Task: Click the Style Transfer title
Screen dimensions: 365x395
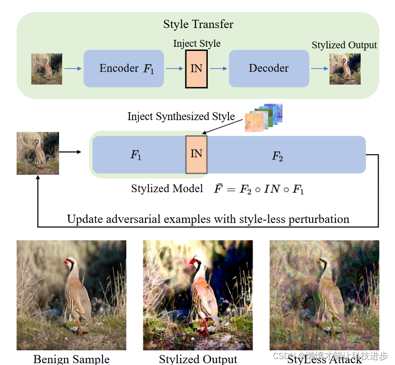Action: tap(198, 24)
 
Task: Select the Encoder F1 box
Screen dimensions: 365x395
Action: tap(124, 68)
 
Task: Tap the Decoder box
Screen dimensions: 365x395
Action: tap(268, 68)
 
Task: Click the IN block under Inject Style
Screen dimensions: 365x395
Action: tap(196, 69)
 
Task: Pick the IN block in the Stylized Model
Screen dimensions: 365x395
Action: tap(196, 154)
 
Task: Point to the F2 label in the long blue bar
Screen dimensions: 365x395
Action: tap(277, 156)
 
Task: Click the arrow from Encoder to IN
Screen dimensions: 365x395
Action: tap(174, 69)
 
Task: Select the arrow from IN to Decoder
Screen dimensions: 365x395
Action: tap(218, 69)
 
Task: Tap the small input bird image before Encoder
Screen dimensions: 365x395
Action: tap(47, 69)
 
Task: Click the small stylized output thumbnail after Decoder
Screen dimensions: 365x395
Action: tap(345, 69)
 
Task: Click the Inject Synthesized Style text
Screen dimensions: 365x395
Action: tap(181, 116)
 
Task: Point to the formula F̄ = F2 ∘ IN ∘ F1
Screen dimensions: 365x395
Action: tap(259, 189)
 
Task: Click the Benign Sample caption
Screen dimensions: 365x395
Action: tap(71, 359)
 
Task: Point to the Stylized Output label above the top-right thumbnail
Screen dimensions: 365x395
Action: tap(344, 45)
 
